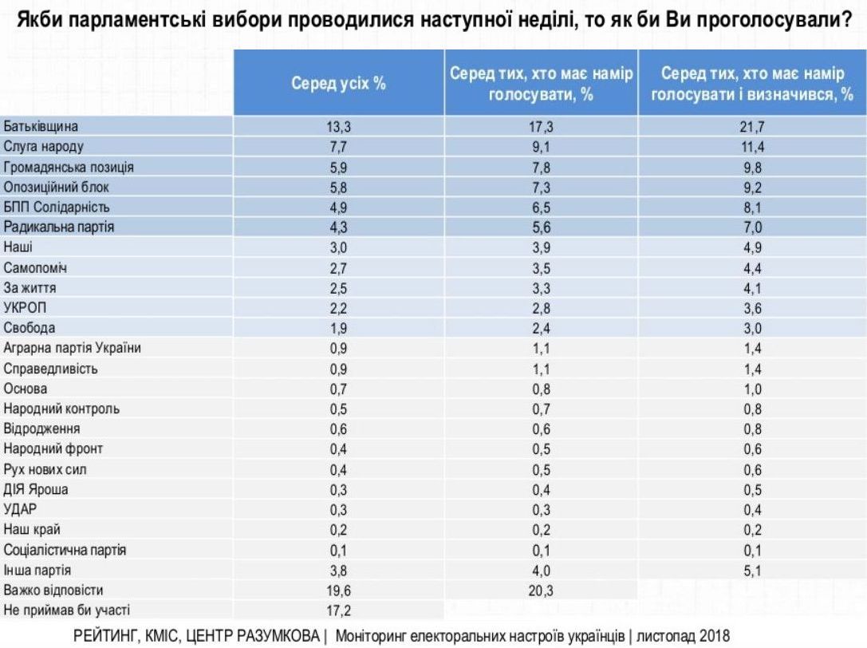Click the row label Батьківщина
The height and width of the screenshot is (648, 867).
click(42, 126)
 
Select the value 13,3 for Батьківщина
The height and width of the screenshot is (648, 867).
click(337, 126)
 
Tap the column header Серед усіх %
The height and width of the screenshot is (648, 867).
click(337, 83)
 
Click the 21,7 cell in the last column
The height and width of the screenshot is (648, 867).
click(751, 126)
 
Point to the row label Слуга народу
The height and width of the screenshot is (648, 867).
click(44, 147)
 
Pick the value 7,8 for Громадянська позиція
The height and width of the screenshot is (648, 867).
click(540, 167)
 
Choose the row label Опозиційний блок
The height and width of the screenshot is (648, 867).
click(56, 187)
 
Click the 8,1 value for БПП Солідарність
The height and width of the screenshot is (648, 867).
click(751, 207)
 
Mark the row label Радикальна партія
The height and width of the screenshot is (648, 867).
click(59, 227)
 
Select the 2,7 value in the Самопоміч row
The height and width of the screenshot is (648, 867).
click(337, 267)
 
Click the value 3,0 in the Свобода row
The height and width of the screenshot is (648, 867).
click(751, 328)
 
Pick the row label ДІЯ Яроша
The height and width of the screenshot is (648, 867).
click(36, 489)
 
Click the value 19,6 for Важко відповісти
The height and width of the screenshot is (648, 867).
click(337, 591)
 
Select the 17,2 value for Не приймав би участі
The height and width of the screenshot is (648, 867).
click(337, 610)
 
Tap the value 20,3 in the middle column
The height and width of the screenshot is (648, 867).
click(540, 591)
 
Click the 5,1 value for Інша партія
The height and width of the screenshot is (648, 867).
click(751, 571)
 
